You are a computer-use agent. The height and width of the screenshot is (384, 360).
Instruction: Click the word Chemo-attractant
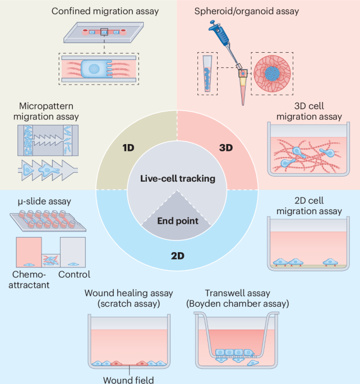pos(34,279)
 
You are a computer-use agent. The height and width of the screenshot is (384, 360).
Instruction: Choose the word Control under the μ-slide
pos(74,275)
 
